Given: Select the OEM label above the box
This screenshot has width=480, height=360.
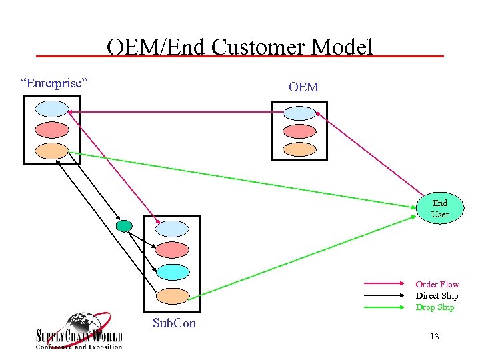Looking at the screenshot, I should coord(303,87).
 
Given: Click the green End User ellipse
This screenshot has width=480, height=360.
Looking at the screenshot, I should coord(440,209).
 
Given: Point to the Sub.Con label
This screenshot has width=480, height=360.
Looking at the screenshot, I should coord(175,323).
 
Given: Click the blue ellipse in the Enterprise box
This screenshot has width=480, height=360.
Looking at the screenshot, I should coord(51,109).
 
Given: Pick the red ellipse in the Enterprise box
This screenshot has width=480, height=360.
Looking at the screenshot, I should coord(51,130).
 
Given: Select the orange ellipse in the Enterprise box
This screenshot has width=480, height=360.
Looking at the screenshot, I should coord(51,151).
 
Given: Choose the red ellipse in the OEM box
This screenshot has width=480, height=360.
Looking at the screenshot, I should coord(299,131).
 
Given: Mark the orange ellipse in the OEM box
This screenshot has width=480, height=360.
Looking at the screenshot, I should coord(299,149).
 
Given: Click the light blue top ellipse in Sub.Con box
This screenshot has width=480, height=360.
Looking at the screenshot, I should coord(172,228).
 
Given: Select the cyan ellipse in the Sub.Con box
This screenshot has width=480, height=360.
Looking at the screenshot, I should coord(172,272).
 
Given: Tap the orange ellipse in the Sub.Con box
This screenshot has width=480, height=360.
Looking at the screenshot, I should coord(172,295).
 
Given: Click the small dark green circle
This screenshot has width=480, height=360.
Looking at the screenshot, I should coord(123,226).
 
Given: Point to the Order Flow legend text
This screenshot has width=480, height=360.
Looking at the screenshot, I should coord(437,285).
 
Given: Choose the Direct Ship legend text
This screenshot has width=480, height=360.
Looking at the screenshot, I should coord(437,296).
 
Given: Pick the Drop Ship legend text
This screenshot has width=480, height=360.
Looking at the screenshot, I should coord(435,307).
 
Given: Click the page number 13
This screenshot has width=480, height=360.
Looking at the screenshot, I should coord(435,337).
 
